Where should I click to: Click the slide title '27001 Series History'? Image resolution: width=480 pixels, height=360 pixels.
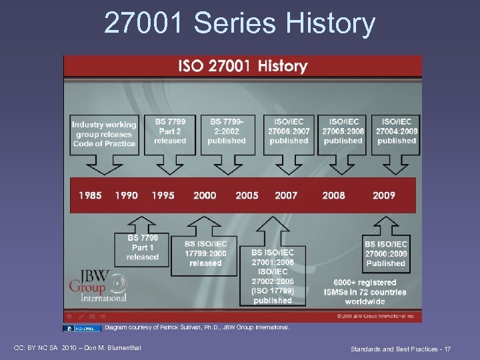(x=240, y=24)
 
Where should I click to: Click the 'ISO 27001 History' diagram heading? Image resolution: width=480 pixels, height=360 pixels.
(x=242, y=66)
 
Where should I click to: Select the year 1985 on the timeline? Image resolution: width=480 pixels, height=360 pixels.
(x=91, y=195)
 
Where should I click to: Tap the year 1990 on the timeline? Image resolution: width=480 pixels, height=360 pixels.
(x=126, y=195)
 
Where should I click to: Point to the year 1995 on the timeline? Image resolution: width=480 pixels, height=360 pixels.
(x=163, y=195)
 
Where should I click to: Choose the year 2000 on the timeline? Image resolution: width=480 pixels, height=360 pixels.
(x=205, y=195)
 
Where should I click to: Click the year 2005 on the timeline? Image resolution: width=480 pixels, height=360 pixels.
(x=247, y=195)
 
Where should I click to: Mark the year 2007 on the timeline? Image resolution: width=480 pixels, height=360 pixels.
(x=287, y=195)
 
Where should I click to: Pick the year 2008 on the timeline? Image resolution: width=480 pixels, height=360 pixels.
(x=334, y=195)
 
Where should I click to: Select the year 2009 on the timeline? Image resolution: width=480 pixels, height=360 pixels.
(x=384, y=195)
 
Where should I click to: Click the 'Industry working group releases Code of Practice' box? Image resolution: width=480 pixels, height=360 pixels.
(x=103, y=134)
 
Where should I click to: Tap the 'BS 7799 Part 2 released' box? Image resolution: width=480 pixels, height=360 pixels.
(x=170, y=131)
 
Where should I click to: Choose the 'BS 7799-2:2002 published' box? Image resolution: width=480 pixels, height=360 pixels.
(x=227, y=131)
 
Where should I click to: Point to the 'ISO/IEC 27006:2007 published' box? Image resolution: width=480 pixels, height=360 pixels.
(x=289, y=131)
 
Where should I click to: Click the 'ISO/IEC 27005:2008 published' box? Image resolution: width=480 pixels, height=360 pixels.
(x=343, y=131)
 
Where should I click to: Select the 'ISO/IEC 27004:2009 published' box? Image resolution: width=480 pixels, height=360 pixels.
(x=397, y=131)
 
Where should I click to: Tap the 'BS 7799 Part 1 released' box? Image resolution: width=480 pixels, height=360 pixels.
(x=143, y=247)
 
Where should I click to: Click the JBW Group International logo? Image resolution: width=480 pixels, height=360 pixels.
(x=98, y=285)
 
